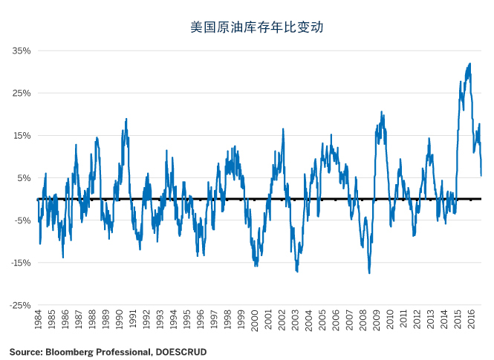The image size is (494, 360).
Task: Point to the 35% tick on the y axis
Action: click(x=22, y=51)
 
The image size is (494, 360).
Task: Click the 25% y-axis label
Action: click(x=22, y=94)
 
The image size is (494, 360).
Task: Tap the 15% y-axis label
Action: click(x=22, y=136)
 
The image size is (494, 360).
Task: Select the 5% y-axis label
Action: click(x=24, y=178)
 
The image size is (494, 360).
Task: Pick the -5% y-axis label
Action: click(x=22, y=220)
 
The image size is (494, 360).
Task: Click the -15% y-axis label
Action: click(x=20, y=263)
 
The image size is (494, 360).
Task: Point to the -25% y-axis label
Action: click(x=20, y=305)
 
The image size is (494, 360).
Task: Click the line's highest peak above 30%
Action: click(x=469, y=64)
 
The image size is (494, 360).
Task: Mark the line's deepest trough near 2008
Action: click(x=369, y=272)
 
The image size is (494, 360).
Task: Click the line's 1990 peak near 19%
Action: click(x=126, y=119)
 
